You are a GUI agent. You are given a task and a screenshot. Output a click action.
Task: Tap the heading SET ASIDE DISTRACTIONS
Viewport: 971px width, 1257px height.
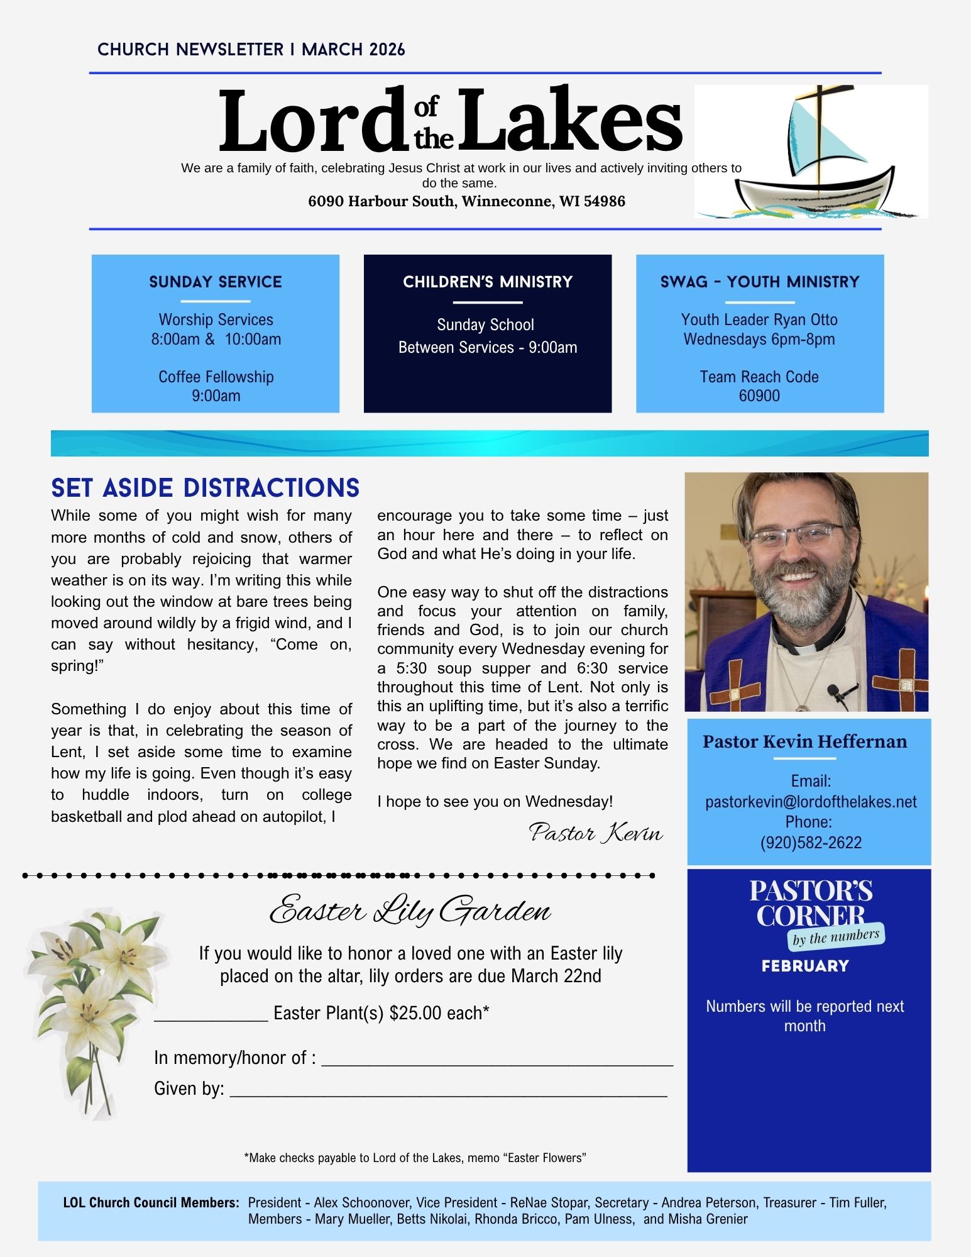[205, 488]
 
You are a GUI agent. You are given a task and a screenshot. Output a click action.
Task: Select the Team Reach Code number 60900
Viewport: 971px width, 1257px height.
[759, 396]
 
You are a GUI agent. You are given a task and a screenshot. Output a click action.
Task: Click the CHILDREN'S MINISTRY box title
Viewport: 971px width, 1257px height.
[488, 282]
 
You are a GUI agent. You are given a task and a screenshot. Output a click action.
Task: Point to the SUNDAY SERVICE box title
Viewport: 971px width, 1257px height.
[216, 282]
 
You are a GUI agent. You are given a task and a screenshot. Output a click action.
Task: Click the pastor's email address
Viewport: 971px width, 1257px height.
[811, 802]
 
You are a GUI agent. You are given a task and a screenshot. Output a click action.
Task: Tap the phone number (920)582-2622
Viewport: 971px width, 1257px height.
[811, 843]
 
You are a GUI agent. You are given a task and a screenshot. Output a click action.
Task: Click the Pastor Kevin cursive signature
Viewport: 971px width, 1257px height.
[596, 833]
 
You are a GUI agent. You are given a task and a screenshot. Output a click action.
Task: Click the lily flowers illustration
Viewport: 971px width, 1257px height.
[94, 1000]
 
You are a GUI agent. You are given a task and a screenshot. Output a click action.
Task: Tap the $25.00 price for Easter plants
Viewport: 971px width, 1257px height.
[415, 1013]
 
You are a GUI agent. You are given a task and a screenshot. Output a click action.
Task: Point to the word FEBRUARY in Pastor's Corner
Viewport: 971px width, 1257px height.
[805, 966]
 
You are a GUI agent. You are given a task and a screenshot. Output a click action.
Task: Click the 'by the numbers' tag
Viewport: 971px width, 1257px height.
[836, 938]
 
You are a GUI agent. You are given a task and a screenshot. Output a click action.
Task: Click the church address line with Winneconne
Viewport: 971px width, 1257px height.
[466, 201]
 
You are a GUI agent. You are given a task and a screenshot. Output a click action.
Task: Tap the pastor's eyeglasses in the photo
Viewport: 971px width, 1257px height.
[797, 536]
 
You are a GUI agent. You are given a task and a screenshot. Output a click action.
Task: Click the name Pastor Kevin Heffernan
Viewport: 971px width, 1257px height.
[805, 742]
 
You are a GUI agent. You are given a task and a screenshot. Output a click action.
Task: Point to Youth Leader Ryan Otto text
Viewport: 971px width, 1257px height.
[759, 319]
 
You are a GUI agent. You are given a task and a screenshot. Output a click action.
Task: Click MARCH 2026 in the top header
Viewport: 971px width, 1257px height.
[353, 50]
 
